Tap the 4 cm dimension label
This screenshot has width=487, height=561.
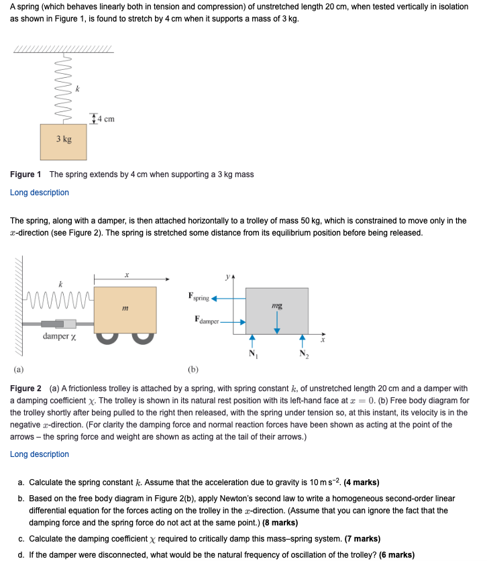point(105,119)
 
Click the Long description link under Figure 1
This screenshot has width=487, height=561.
point(40,193)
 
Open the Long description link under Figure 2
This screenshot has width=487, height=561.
point(40,454)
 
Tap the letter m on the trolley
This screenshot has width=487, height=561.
point(125,309)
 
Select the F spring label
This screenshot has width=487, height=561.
point(200,296)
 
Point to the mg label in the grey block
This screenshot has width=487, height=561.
point(277,305)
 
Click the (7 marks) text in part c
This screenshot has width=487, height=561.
point(362,539)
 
